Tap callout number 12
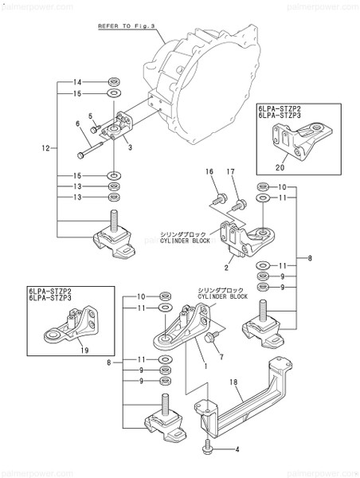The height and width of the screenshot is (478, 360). tap(45, 147)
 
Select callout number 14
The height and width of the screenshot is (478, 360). tap(78, 83)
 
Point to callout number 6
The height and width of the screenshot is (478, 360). tap(78, 123)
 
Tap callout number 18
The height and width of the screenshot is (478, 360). tap(234, 383)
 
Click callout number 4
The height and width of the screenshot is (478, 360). tap(237, 449)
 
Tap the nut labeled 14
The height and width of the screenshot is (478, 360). tap(114, 83)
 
